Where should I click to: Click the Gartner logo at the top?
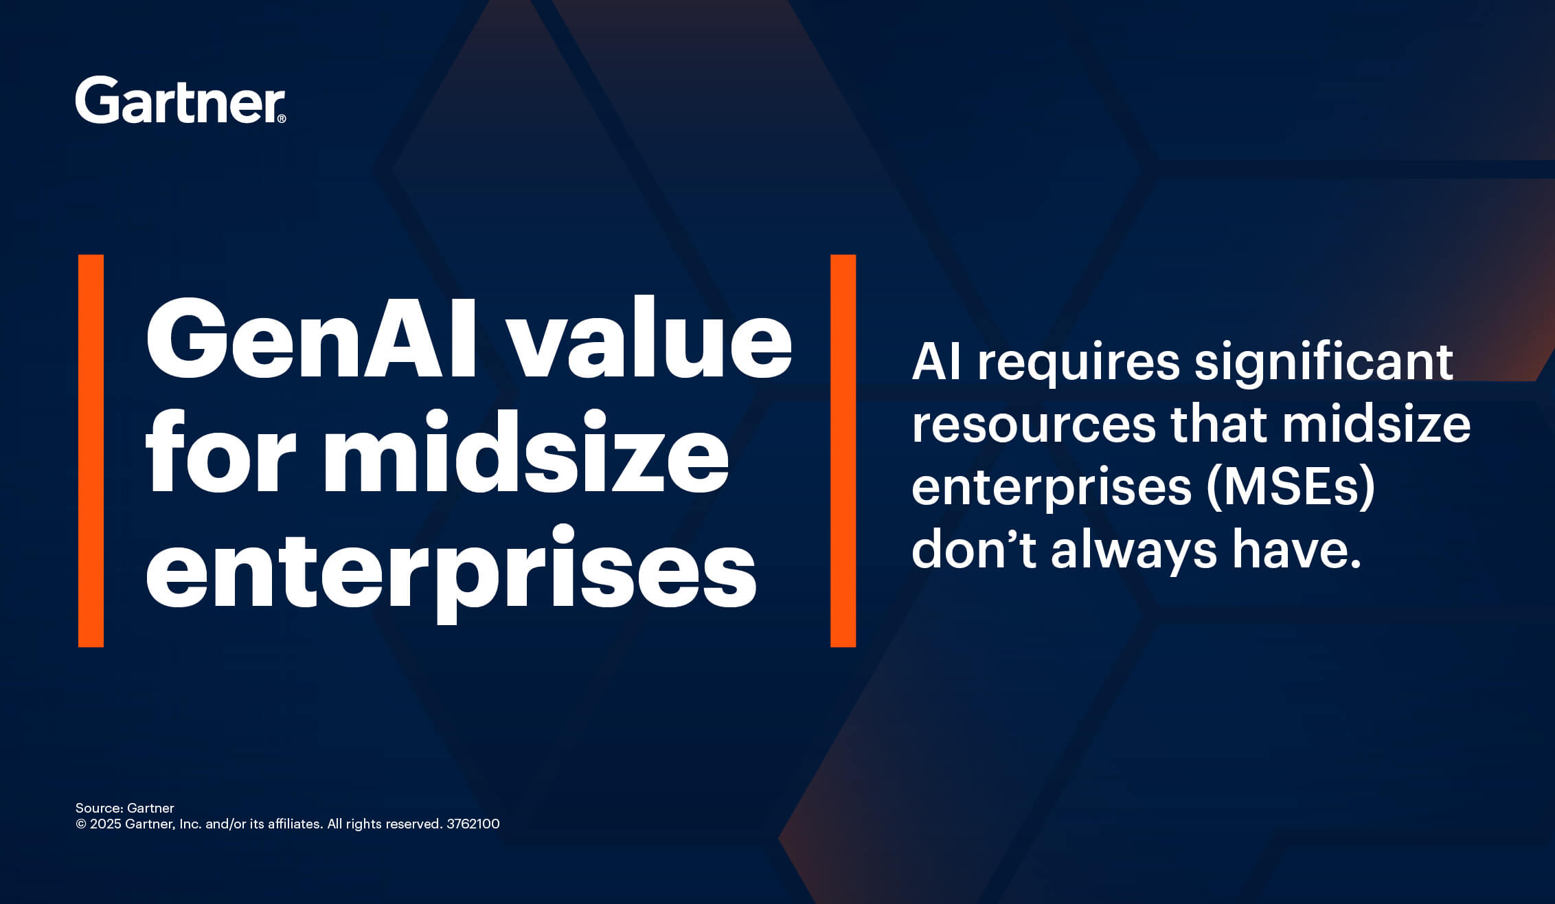coord(179,100)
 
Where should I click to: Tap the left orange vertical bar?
coord(91,451)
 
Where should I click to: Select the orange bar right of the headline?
coord(843,451)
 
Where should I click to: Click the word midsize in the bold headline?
coord(525,453)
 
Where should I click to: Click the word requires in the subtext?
coord(1078,363)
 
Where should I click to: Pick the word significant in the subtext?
coord(1324,363)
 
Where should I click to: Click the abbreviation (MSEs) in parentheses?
coord(1291,487)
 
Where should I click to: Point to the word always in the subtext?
coord(1134,550)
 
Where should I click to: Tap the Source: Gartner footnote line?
coord(125,808)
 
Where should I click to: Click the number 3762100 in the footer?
coord(473,824)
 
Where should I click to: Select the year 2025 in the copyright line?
coord(105,824)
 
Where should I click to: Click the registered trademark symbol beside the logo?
coord(282,119)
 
